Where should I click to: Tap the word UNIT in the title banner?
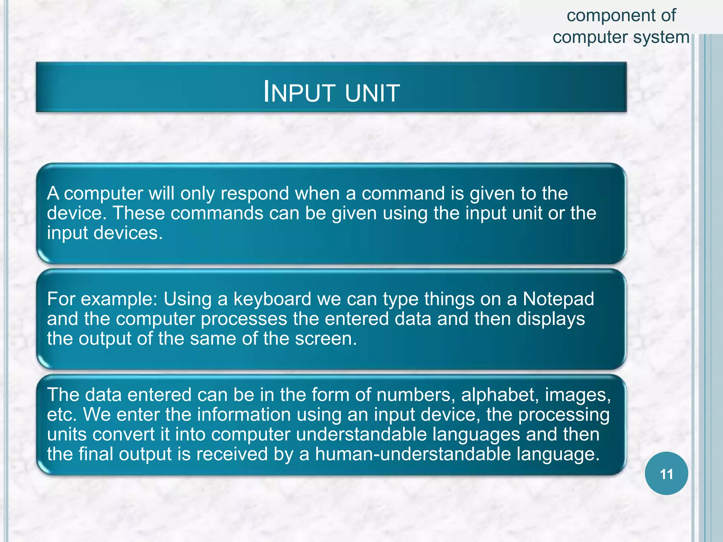coord(372,93)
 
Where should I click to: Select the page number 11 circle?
coord(666,474)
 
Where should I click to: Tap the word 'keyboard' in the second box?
coord(272,299)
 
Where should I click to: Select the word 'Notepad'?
coord(558,299)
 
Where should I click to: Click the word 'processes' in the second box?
coord(244,319)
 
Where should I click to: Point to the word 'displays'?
coord(551,319)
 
